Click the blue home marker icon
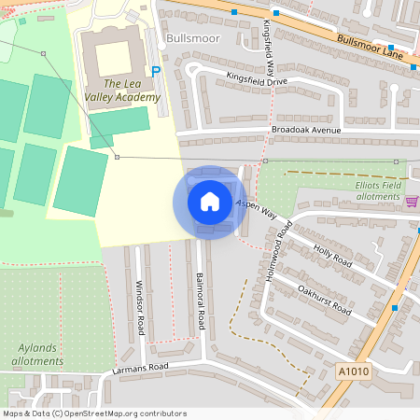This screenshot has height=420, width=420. tap(210, 202)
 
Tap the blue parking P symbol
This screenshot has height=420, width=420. tap(156, 72)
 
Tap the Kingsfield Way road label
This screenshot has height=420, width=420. tap(270, 46)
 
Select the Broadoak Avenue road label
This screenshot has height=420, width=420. tap(307, 130)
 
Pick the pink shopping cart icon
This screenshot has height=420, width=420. tap(412, 201)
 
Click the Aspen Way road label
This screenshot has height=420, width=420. tap(257, 208)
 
